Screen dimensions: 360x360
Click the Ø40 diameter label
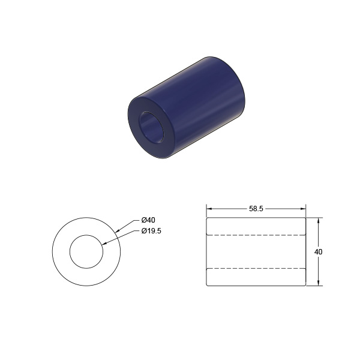click(x=148, y=220)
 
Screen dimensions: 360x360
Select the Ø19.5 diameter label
click(x=151, y=231)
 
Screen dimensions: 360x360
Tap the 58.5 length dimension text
click(x=256, y=209)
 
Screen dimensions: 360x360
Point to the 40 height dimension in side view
click(x=318, y=252)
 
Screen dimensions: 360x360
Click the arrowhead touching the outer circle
click(x=118, y=231)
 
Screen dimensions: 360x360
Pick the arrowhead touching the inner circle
click(x=104, y=244)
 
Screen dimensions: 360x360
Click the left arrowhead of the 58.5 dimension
click(x=209, y=209)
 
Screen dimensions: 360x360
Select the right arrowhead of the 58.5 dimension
click(x=303, y=209)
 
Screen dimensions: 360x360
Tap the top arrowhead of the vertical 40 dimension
click(x=318, y=220)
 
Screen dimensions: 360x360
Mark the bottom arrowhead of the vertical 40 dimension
click(x=318, y=283)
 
